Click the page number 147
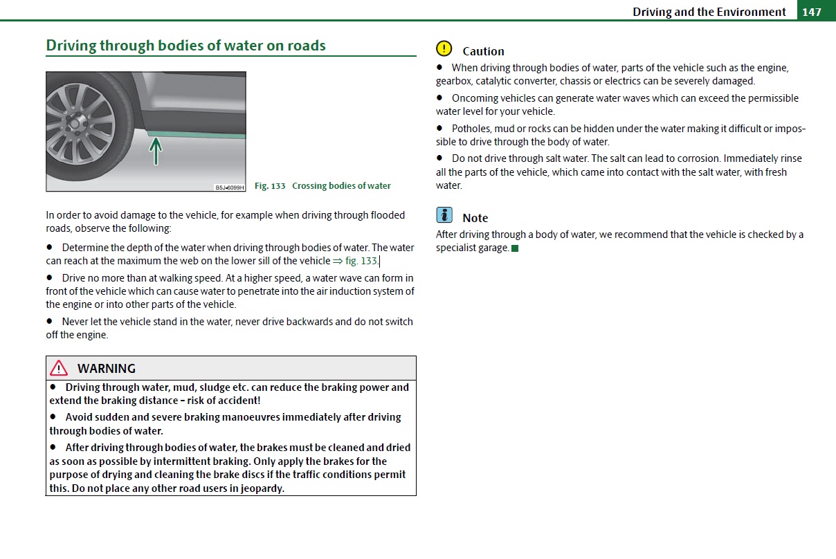pos(812,12)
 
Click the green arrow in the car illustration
pos(156,151)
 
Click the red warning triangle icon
pos(59,368)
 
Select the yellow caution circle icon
pos(444,49)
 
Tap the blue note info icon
pos(444,215)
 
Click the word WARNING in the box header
pos(107,369)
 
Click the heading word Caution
pos(483,51)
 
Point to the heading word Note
pos(475,218)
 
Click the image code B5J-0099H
pos(230,187)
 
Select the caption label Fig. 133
pos(270,186)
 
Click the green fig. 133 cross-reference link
pos(361,261)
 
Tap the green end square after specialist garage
pos(515,248)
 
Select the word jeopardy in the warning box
pos(261,488)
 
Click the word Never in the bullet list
pos(75,322)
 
